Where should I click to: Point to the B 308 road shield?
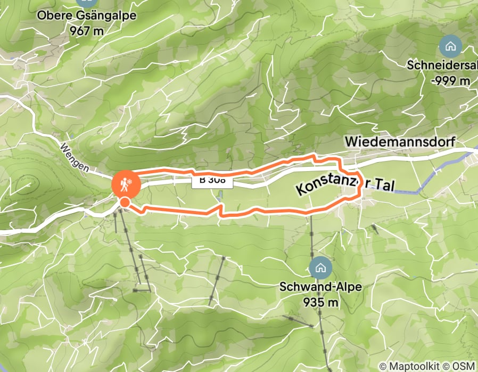(212, 180)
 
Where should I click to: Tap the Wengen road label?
(75, 157)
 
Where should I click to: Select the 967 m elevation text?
(86, 30)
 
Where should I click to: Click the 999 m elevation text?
(452, 80)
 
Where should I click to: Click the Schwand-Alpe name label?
(320, 287)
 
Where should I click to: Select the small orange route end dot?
(125, 202)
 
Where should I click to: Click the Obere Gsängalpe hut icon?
(87, 2)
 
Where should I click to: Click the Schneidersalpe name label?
(442, 65)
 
